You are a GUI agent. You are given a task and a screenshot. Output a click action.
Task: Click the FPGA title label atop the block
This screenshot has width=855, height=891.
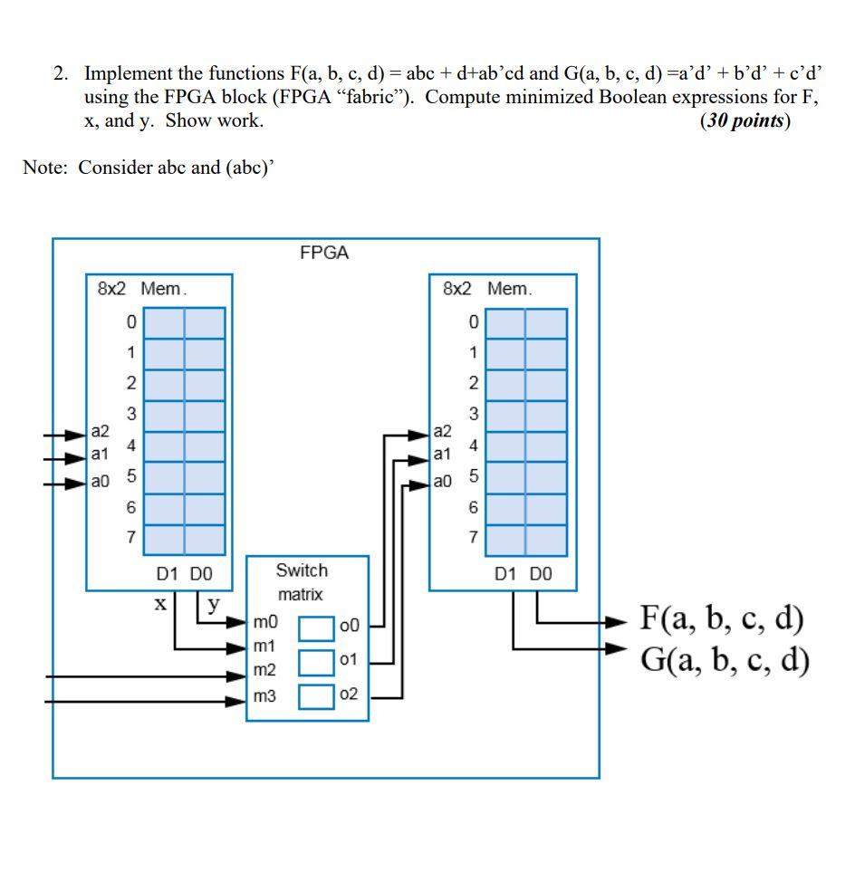(324, 253)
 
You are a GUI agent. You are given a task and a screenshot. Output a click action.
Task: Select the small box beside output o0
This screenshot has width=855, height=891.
(317, 627)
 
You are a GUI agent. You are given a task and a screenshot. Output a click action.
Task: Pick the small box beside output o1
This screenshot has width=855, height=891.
(317, 661)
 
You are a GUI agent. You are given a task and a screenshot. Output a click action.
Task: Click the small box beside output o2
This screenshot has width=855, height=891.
(317, 695)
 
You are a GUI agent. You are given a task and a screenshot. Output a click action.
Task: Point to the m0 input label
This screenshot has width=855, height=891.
(264, 623)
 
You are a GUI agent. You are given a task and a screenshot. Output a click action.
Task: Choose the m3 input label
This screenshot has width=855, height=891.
(264, 695)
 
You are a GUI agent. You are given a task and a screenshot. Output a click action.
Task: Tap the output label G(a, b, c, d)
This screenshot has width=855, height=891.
(724, 658)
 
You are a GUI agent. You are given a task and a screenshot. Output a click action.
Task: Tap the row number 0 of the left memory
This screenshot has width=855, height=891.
(131, 321)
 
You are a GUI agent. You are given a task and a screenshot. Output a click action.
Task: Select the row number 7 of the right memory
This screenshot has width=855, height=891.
(472, 538)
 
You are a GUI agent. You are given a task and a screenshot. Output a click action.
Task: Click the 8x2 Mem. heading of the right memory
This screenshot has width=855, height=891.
(487, 288)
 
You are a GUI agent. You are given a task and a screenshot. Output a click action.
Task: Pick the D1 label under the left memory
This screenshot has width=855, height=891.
(167, 573)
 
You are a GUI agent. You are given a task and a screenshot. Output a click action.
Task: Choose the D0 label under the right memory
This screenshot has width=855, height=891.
(540, 573)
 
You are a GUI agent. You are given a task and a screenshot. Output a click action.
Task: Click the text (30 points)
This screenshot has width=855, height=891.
(745, 121)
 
